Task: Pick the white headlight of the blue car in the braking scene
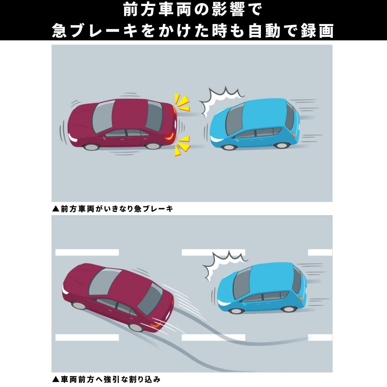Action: [216, 139]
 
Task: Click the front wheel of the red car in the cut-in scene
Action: [79, 305]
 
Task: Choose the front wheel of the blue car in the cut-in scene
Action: [236, 310]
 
